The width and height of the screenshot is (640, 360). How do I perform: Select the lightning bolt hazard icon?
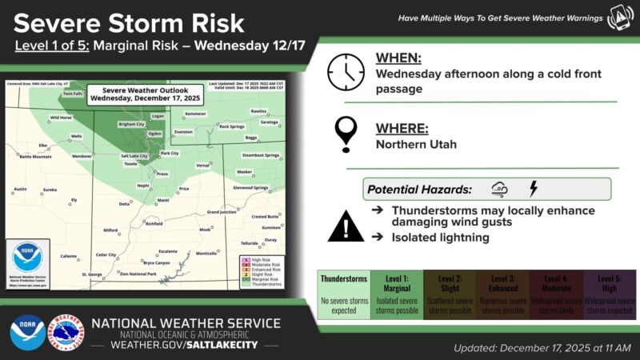534,190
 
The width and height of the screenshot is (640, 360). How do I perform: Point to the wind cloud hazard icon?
499,190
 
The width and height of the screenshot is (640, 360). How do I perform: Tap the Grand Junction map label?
223,212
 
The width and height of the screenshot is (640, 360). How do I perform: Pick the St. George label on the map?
93,274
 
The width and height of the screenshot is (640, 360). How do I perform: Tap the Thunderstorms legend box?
343,294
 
